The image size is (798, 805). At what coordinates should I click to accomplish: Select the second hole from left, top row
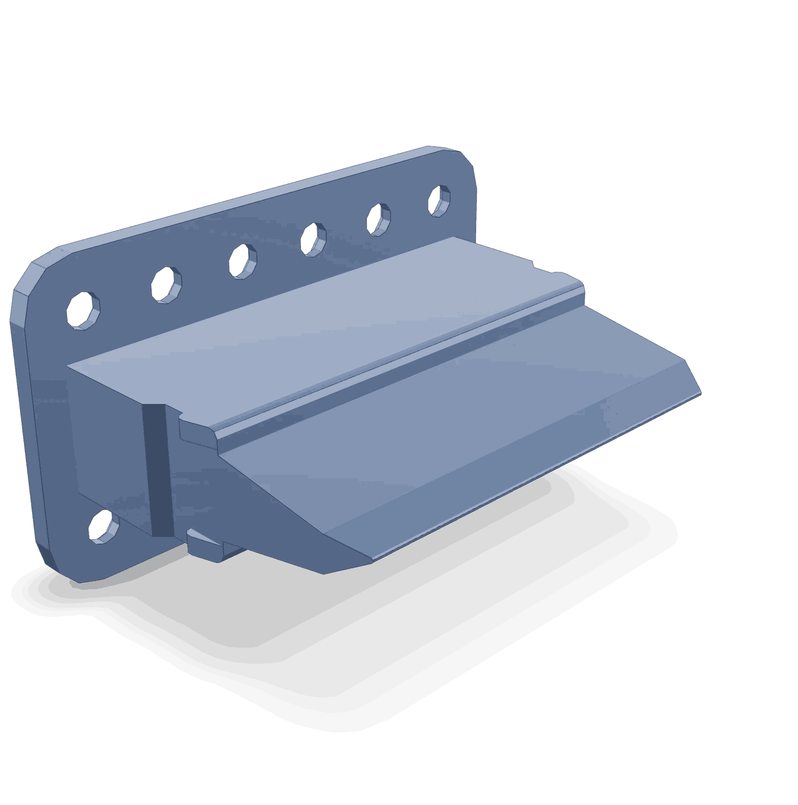(166, 285)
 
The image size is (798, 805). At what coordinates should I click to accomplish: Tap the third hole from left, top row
(242, 260)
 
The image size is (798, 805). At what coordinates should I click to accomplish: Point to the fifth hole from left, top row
(379, 219)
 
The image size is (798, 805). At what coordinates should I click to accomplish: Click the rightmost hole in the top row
(439, 201)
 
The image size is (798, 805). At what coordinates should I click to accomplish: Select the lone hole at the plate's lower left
(104, 526)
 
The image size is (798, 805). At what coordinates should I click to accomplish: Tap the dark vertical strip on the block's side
(155, 468)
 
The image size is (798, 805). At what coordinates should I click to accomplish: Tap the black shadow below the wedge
(380, 642)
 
